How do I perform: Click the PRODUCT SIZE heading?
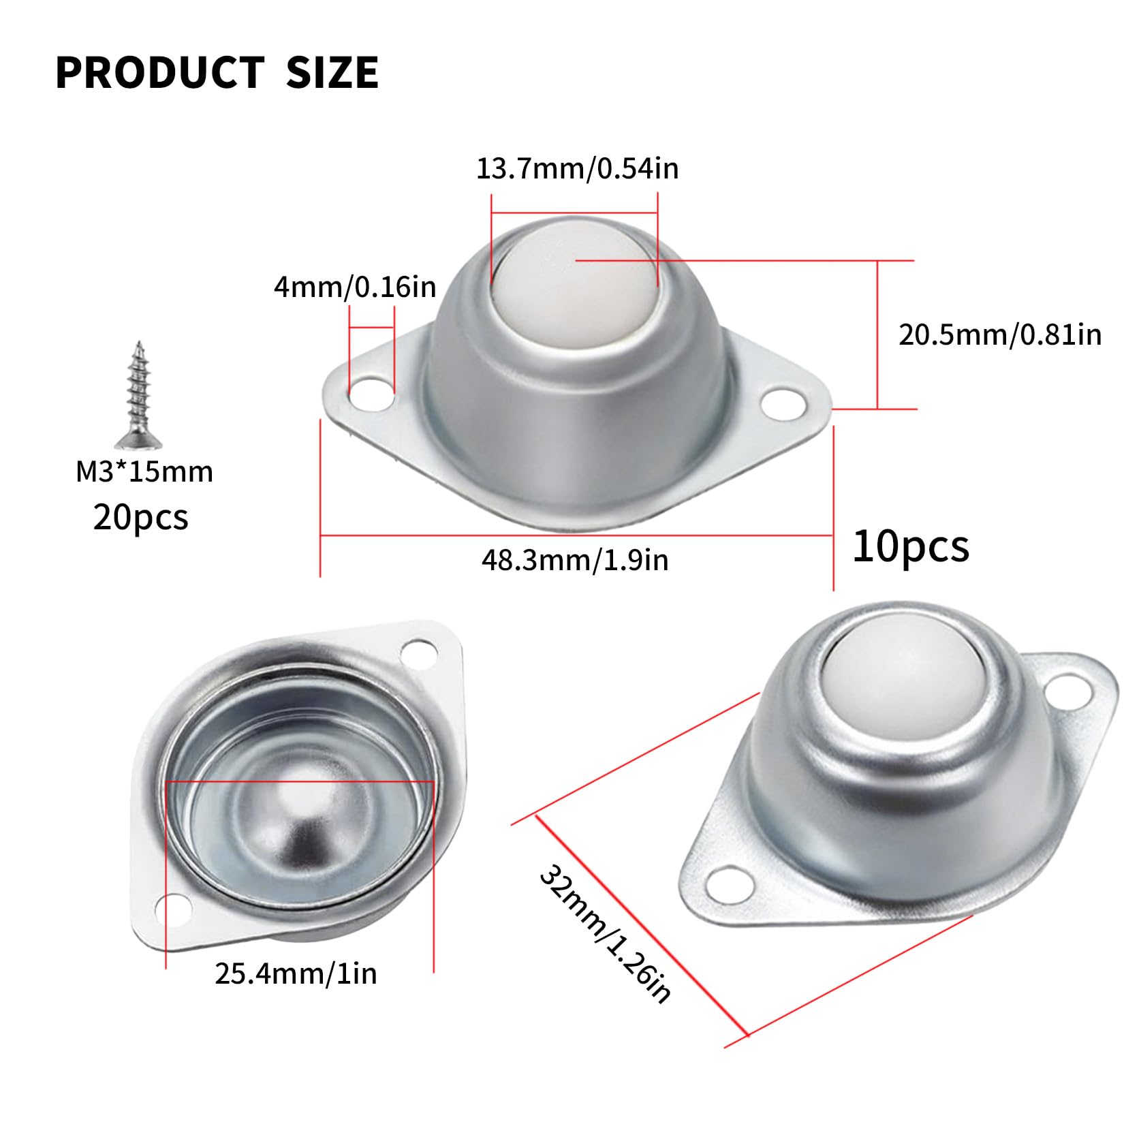pos(217,73)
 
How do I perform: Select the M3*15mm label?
pos(144,471)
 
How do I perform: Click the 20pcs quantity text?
pos(140,517)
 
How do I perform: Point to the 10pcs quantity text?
pos(911,546)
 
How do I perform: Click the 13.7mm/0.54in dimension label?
pos(577,168)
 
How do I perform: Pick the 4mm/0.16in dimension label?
pos(355,287)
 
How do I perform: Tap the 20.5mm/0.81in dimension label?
pos(1000,334)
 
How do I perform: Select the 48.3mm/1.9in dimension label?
pos(575,560)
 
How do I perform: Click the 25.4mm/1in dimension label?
pos(296,973)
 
